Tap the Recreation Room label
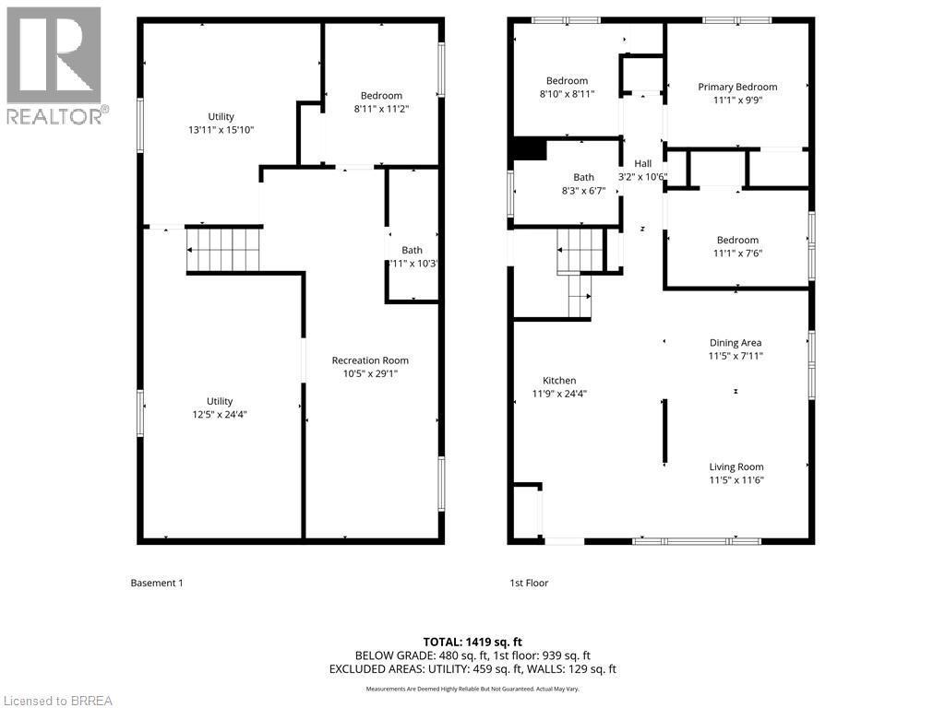(x=370, y=360)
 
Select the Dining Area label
(x=736, y=343)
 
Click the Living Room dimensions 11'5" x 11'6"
(x=736, y=479)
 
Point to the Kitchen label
(x=559, y=381)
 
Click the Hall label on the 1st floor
(x=642, y=163)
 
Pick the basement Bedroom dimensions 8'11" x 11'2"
(x=381, y=109)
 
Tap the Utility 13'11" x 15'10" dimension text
(x=221, y=130)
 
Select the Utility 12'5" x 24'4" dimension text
(x=220, y=415)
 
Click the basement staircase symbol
(x=224, y=250)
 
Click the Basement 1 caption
(x=157, y=583)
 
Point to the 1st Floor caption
(x=529, y=583)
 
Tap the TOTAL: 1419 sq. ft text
(x=472, y=642)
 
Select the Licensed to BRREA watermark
(x=57, y=701)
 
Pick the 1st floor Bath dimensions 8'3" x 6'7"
(x=583, y=191)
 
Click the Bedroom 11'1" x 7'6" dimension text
(x=737, y=254)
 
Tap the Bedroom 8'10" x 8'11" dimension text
(x=567, y=94)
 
